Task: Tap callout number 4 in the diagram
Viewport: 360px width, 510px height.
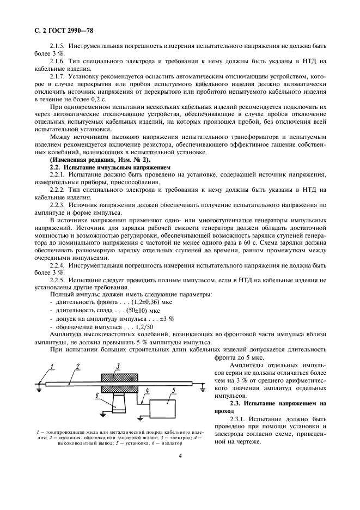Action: coord(147,391)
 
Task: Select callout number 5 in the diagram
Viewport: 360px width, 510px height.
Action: coord(173,391)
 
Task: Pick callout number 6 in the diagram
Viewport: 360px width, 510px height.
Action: coord(97,397)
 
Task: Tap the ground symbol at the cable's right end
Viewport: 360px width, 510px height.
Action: coord(202,388)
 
